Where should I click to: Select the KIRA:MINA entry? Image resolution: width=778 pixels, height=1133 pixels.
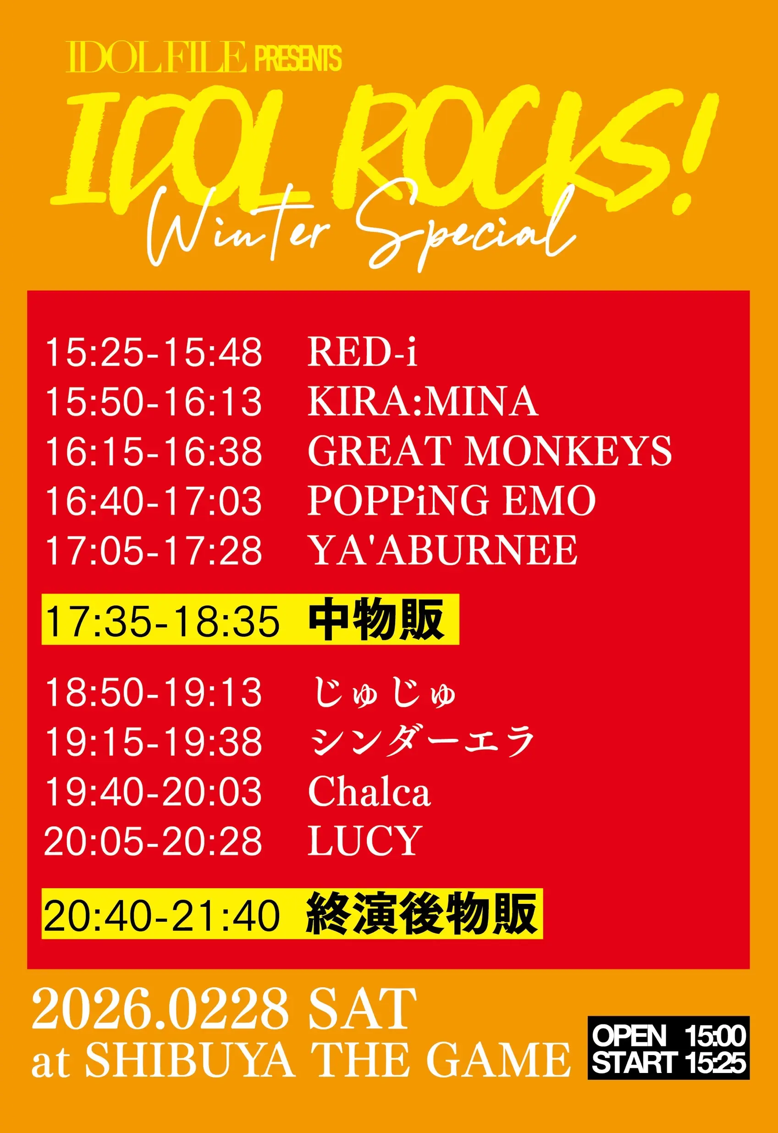[x=423, y=401]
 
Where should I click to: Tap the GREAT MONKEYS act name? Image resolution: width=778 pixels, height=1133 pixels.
[x=490, y=451]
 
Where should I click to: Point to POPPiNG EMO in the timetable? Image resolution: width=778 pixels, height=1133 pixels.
[x=451, y=500]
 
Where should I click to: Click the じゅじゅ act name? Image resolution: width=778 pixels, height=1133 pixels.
[x=383, y=693]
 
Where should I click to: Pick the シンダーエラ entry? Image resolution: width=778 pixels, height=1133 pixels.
[x=422, y=742]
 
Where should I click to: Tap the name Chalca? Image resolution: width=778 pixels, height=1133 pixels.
[x=369, y=792]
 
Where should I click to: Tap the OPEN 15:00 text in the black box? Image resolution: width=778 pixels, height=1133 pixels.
[x=668, y=1035]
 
